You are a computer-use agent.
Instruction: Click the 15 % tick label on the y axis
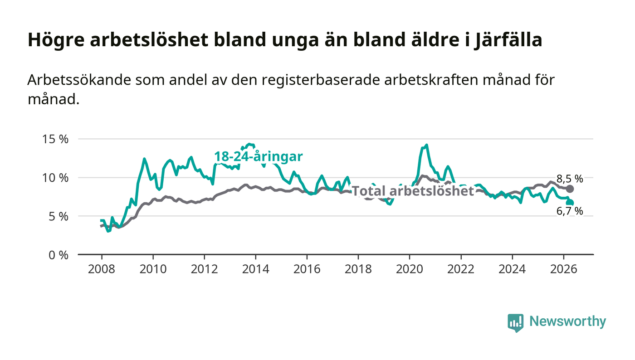click(x=55, y=139)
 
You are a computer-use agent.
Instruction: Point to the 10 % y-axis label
click(x=55, y=178)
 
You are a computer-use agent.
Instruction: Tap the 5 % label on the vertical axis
click(x=59, y=217)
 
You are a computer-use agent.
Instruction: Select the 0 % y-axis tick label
click(x=59, y=255)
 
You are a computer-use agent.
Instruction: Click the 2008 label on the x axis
click(x=102, y=269)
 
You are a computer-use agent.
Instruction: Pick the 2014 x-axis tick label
click(x=256, y=269)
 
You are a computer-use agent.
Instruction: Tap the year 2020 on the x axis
click(x=410, y=269)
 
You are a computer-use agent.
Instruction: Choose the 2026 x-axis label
click(x=563, y=269)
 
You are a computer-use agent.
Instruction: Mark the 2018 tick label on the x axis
click(x=358, y=269)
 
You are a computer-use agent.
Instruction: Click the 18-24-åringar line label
click(x=259, y=156)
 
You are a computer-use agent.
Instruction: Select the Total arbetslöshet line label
click(x=413, y=191)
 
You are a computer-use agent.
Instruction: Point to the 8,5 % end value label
click(x=570, y=179)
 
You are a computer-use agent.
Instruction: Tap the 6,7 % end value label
click(x=570, y=211)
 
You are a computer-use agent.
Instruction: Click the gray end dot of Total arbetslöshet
click(x=570, y=189)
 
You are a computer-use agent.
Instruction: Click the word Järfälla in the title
click(x=508, y=40)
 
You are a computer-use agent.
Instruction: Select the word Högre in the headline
click(x=56, y=40)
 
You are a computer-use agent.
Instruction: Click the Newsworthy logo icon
click(x=515, y=323)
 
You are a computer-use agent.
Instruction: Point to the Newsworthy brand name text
click(x=568, y=321)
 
